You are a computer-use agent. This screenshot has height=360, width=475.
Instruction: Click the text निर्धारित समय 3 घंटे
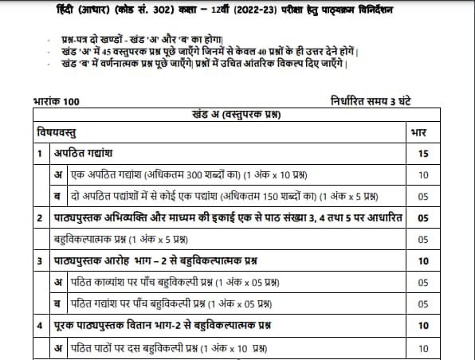(382, 102)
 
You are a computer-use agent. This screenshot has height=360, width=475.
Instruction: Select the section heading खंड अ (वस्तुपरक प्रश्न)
(235, 115)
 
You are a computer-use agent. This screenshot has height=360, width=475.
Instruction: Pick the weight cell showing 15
(423, 153)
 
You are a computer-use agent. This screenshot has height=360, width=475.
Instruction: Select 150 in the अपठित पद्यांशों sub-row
(261, 196)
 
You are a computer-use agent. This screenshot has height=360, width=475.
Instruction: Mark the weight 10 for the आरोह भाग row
(423, 260)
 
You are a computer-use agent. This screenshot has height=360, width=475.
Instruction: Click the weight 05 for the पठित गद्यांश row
(423, 303)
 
